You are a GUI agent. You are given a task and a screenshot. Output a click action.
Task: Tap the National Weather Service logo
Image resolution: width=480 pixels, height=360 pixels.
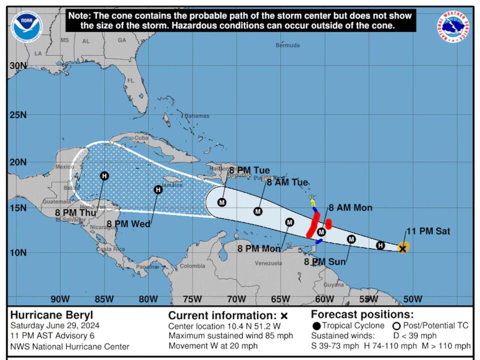pos(453,26)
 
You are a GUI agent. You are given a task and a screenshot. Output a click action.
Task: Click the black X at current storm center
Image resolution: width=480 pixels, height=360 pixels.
pos(402,248)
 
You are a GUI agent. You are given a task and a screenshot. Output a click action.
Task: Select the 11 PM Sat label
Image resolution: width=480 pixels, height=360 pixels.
pos(428,231)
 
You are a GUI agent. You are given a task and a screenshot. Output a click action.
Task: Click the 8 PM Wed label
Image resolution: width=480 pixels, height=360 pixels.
pos(128,224)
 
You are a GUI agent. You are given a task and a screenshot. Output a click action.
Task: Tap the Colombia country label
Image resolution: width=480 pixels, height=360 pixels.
pos(192,266)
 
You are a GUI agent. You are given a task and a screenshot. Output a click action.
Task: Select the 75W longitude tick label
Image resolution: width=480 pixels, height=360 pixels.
pos(192,299)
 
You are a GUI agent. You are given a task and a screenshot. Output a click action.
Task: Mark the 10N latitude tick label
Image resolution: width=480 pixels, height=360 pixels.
pos(17,252)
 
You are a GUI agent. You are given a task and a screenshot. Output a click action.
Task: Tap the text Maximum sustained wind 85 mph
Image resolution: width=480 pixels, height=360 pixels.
pos(230,335)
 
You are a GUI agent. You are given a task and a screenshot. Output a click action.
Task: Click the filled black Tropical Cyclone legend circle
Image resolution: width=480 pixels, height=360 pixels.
pos(316,325)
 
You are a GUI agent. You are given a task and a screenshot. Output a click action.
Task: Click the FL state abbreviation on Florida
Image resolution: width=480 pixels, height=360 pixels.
pos(131,80)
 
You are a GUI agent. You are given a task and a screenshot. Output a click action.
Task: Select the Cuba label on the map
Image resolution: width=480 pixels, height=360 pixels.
pos(142,138)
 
